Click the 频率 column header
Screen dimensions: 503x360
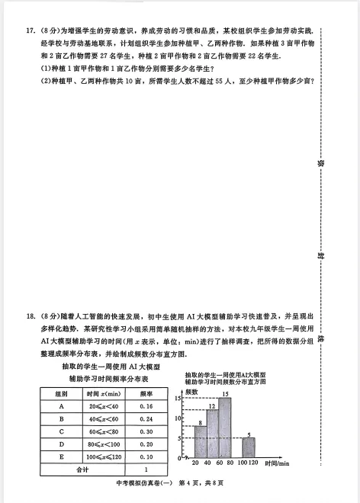[x=146, y=393]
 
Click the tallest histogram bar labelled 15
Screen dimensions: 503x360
[x=225, y=427]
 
